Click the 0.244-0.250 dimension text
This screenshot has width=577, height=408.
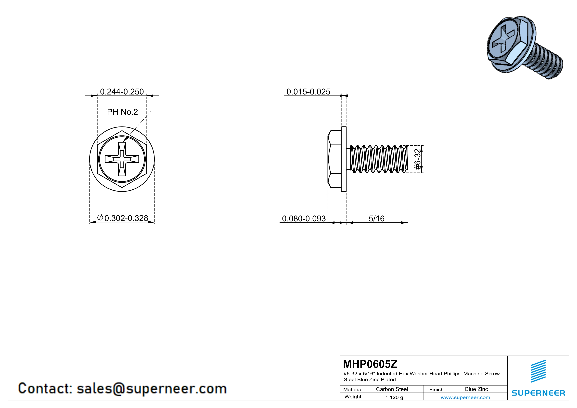click(122, 92)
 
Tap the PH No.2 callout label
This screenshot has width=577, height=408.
click(122, 112)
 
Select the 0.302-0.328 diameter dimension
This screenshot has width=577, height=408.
click(126, 218)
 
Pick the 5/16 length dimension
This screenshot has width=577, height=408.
click(376, 219)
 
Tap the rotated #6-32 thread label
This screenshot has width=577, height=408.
click(417, 159)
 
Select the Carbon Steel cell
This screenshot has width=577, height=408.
click(392, 389)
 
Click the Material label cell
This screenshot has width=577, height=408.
click(353, 389)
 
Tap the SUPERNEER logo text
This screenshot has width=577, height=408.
click(538, 393)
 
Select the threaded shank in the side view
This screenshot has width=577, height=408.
click(378, 159)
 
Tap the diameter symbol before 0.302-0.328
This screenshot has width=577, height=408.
click(100, 217)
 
